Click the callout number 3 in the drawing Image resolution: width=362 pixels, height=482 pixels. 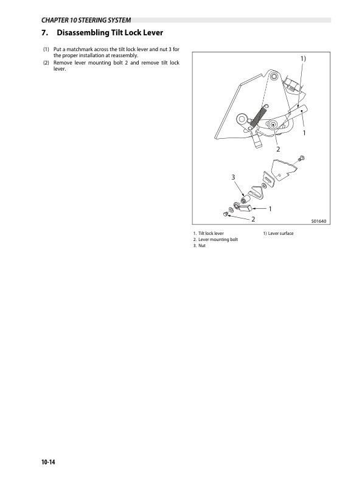click(x=233, y=177)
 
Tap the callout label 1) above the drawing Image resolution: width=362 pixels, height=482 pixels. click(x=303, y=58)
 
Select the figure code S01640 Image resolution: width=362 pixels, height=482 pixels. click(x=319, y=221)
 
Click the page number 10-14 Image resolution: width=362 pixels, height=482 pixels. click(x=48, y=462)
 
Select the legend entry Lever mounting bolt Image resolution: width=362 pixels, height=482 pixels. click(x=218, y=239)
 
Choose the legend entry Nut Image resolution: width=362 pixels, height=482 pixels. click(x=202, y=246)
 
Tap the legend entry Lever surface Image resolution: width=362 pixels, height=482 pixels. click(x=280, y=233)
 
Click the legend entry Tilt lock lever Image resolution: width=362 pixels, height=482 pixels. click(x=211, y=233)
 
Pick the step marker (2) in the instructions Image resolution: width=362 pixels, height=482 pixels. click(x=46, y=63)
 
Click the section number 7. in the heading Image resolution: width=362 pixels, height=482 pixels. click(x=44, y=33)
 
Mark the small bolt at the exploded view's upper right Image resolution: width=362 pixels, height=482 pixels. click(x=301, y=159)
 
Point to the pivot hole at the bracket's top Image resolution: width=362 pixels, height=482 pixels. click(x=273, y=76)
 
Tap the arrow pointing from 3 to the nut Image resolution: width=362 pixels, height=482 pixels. click(x=239, y=189)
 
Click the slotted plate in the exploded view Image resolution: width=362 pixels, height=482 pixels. click(x=268, y=179)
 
